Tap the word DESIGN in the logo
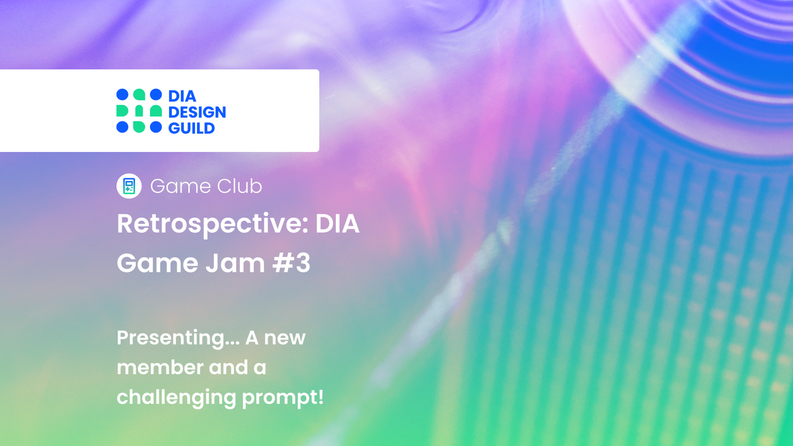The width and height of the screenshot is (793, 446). coord(197,112)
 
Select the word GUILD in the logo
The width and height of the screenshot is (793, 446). coord(192,128)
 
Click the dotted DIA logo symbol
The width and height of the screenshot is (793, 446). coord(139,111)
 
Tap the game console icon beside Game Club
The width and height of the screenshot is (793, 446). coord(129,186)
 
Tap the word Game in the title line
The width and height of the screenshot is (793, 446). coord(151,263)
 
